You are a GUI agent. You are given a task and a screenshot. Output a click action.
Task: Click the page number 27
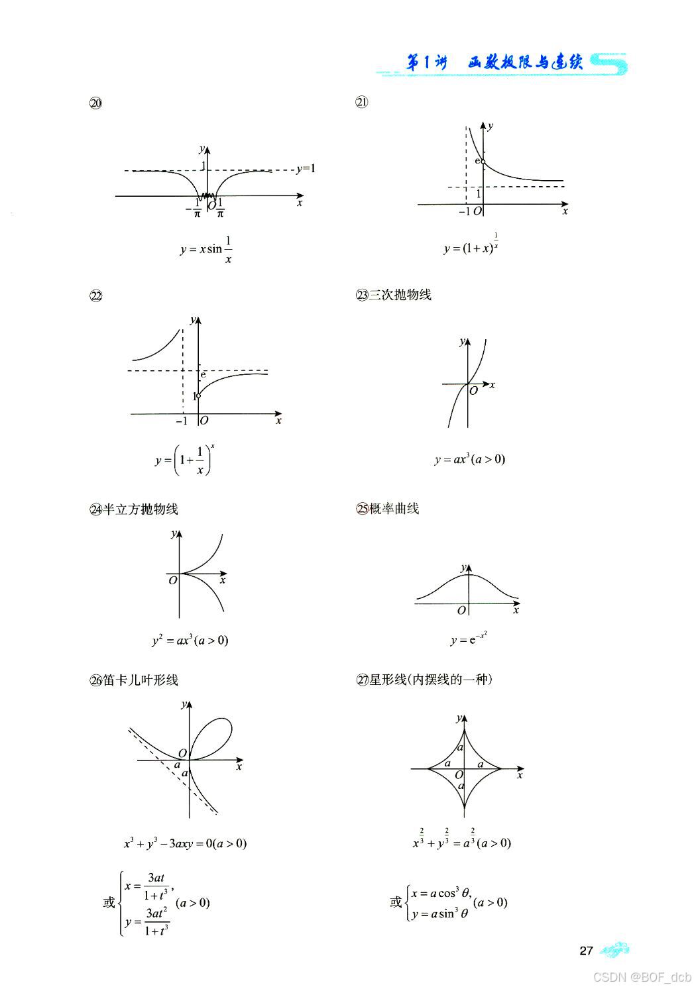coord(586,951)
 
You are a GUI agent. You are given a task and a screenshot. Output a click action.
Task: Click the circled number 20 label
coord(95,103)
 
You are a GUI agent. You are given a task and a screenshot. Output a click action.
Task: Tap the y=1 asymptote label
coord(306,168)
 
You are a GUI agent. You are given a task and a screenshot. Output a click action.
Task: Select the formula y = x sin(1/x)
coord(206,250)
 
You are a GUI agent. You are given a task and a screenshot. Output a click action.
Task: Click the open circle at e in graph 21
coord(483,162)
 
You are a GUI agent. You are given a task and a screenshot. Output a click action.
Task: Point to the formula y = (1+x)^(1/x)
coord(471,247)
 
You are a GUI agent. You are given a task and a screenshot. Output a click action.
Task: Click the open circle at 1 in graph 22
coord(198,396)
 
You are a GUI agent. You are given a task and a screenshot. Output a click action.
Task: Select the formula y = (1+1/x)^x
coord(184,460)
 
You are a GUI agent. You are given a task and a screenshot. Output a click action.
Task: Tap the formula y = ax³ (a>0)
coord(470,459)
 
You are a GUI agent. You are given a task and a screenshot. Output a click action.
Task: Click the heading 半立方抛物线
coord(141,509)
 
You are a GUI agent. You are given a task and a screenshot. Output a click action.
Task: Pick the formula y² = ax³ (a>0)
coord(190,641)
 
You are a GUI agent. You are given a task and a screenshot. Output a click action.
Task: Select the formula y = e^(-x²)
coord(469,639)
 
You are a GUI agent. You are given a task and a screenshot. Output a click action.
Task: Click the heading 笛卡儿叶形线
coord(141,680)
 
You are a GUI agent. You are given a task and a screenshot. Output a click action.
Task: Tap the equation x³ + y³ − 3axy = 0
coord(185,843)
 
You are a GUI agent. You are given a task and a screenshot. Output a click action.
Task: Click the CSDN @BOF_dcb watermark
coord(642,977)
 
